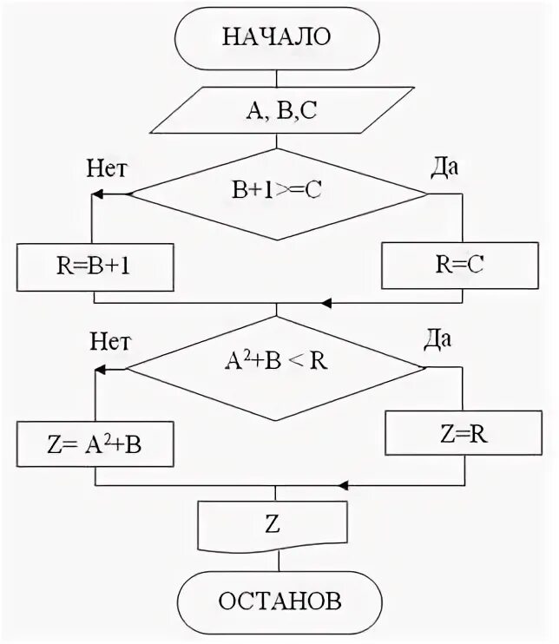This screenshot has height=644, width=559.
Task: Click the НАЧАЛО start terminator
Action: click(277, 36)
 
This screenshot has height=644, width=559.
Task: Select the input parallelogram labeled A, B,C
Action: click(277, 109)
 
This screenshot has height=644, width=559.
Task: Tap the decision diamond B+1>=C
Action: click(277, 194)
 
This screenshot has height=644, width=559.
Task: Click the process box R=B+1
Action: click(95, 266)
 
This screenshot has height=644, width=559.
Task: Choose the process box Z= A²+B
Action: click(95, 444)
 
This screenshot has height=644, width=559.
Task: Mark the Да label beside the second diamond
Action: click(437, 339)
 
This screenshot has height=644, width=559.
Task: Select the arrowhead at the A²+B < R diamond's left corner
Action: click(101, 369)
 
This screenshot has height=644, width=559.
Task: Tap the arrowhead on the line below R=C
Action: click(327, 303)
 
